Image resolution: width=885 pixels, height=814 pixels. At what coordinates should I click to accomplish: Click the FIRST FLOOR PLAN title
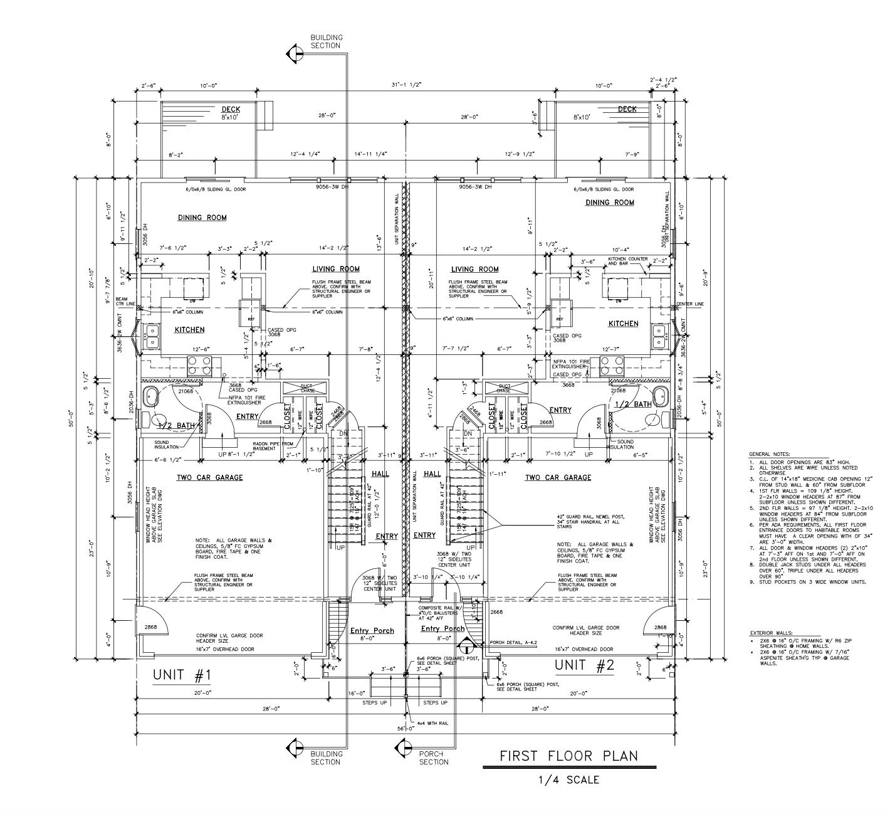(568, 756)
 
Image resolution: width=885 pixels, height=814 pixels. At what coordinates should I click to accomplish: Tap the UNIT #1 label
(182, 675)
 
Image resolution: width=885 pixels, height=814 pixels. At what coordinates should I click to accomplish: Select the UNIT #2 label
(584, 665)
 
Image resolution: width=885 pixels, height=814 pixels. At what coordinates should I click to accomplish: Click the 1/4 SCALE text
(568, 780)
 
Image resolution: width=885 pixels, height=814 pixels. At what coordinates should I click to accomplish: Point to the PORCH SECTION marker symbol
(402, 747)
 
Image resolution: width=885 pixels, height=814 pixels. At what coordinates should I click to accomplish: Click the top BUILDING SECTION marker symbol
(294, 54)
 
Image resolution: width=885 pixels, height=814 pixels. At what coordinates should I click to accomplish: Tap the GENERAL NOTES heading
(769, 454)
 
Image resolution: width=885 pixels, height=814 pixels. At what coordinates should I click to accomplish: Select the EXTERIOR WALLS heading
(770, 633)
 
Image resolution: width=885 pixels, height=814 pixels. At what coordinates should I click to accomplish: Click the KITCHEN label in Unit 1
(189, 330)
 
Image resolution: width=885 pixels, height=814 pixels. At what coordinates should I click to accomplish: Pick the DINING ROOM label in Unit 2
(609, 203)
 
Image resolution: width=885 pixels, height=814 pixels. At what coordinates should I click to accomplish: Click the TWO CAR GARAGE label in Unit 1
(209, 478)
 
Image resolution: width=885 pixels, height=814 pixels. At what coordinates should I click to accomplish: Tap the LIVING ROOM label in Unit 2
(474, 270)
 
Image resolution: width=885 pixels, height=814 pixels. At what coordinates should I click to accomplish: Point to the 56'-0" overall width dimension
(406, 729)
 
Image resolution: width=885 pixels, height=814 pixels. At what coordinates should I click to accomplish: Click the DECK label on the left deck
(231, 109)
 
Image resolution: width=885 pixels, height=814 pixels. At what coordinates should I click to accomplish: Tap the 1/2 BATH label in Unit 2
(633, 404)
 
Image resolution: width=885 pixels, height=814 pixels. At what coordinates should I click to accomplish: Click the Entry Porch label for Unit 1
(372, 630)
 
